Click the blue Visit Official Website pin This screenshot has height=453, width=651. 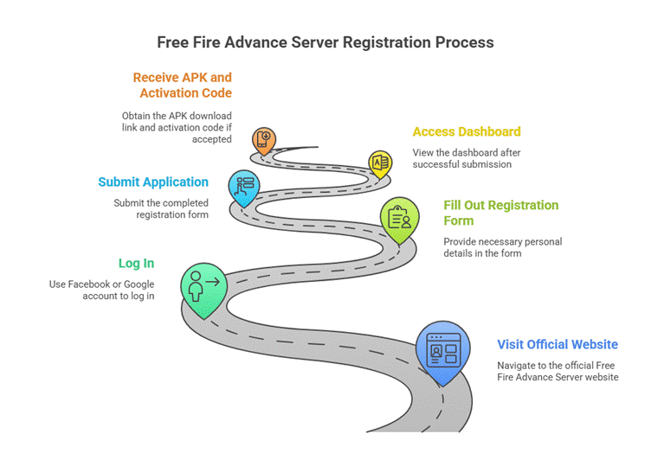click(442, 351)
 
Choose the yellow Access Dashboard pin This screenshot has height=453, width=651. click(379, 162)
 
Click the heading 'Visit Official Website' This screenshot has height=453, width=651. click(558, 344)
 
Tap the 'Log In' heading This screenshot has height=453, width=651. click(138, 263)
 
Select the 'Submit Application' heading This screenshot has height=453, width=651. click(153, 182)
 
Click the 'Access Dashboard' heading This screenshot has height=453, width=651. click(467, 131)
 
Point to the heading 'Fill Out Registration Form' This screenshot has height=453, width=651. click(501, 213)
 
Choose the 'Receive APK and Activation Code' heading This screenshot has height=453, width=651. click(182, 85)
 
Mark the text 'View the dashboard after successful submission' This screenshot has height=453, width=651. click(467, 158)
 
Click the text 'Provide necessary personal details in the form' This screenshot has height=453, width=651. click(501, 247)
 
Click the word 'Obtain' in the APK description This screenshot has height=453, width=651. click(138, 116)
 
